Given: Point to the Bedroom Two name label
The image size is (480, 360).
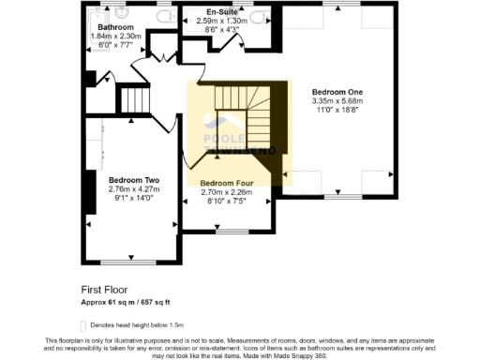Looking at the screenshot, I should tap(133, 179).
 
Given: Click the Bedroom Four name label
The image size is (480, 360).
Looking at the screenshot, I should tap(227, 183).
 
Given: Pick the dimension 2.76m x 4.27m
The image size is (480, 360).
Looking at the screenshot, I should tap(133, 189).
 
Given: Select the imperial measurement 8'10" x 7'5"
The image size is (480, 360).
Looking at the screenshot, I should tap(227, 201).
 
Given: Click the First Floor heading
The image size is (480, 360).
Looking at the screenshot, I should tap(104, 291).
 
